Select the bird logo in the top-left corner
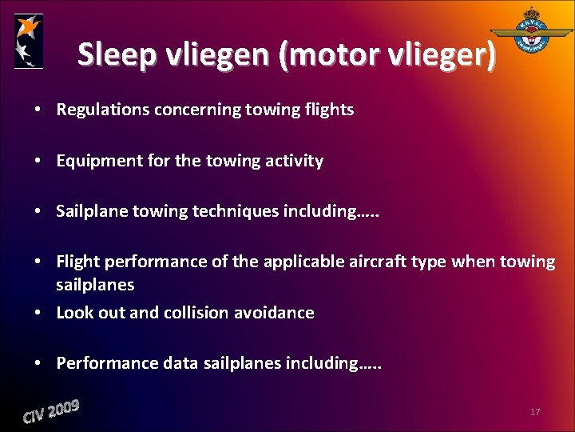(29, 41)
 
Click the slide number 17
(534, 412)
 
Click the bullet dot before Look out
(39, 313)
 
